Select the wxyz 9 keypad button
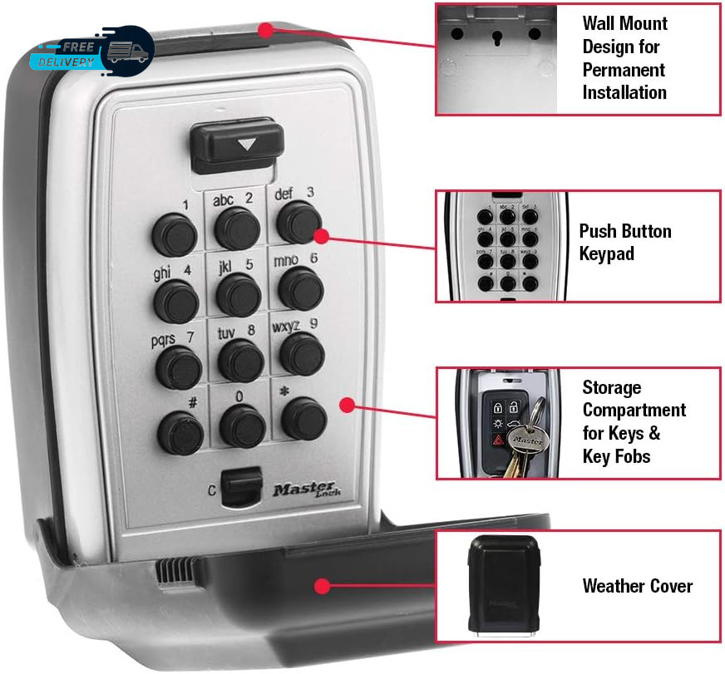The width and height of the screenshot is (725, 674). point(301,352)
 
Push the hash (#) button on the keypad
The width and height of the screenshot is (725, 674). point(177,426)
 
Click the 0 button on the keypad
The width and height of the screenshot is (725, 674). point(241,426)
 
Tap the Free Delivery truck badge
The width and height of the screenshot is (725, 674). point(91,52)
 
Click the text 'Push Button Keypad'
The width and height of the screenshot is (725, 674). point(624,243)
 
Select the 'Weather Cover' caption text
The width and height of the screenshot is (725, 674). point(637,586)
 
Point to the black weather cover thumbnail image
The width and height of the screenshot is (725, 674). point(497,584)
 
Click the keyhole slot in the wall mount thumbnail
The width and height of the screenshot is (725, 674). point(496,38)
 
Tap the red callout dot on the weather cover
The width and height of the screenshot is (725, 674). point(321,586)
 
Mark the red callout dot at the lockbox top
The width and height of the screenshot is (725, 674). point(265,31)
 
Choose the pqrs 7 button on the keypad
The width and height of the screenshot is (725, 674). point(177,365)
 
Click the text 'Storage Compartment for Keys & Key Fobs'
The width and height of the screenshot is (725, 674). point(634,421)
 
